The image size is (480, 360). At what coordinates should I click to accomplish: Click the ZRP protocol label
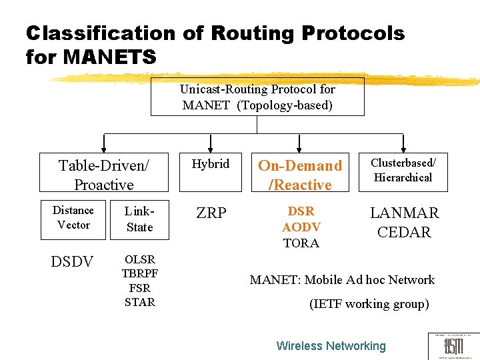coord(211,213)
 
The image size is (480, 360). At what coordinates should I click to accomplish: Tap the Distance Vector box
coord(73,218)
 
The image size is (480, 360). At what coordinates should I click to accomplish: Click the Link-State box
coord(139,219)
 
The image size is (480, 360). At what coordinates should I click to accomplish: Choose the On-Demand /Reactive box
coord(300,175)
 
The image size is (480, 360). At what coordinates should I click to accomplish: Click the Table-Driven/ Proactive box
coord(103,175)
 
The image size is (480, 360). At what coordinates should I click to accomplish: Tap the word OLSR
coord(139,259)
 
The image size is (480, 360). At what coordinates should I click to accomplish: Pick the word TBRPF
coord(139,273)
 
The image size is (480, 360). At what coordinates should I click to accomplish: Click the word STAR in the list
coord(139,302)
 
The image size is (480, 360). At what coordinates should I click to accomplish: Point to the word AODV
coord(301,227)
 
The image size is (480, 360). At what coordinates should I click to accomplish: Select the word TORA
coord(301,243)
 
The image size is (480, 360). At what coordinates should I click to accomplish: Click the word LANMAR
coord(404,213)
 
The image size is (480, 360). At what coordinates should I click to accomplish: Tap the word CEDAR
coord(404,232)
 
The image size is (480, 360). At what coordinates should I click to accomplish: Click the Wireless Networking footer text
coord(331,346)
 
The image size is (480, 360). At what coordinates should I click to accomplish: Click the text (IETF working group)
coord(369,304)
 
